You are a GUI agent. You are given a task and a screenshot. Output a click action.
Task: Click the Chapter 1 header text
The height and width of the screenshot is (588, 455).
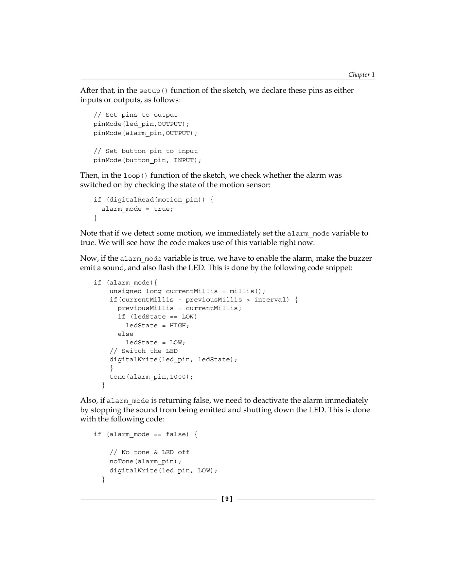(x=361, y=75)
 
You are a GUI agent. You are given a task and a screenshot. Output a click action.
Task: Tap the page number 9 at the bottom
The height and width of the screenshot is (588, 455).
(x=227, y=499)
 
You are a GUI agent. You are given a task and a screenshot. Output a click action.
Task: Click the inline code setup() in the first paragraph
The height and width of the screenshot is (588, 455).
(x=153, y=91)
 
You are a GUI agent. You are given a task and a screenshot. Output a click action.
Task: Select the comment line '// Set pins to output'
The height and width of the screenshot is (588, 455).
(x=135, y=115)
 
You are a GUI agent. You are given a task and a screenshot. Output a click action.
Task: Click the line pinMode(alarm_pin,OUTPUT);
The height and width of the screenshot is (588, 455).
(x=146, y=133)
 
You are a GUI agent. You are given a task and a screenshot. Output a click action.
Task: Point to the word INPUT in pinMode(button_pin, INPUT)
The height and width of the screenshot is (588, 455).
(x=186, y=160)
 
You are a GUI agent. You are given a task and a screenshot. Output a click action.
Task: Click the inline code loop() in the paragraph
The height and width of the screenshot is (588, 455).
(x=136, y=176)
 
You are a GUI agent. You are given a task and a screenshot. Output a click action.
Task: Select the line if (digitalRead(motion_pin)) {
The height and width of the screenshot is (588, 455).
(x=153, y=200)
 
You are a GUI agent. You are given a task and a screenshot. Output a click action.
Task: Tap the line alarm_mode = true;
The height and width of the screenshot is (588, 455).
(x=137, y=209)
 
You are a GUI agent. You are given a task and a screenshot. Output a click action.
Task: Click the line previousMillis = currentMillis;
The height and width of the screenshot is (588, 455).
(x=180, y=308)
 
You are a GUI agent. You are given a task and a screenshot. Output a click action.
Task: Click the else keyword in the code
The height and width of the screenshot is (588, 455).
(x=126, y=334)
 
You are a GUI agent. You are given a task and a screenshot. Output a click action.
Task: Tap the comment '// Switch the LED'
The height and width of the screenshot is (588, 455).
(x=144, y=351)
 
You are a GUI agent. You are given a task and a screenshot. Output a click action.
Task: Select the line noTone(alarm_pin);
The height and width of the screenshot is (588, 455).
(x=145, y=462)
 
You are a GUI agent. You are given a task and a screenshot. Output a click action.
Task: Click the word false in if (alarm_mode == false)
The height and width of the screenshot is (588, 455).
(x=177, y=434)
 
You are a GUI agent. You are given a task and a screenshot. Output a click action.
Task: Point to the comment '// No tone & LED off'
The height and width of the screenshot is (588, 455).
(x=149, y=452)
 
